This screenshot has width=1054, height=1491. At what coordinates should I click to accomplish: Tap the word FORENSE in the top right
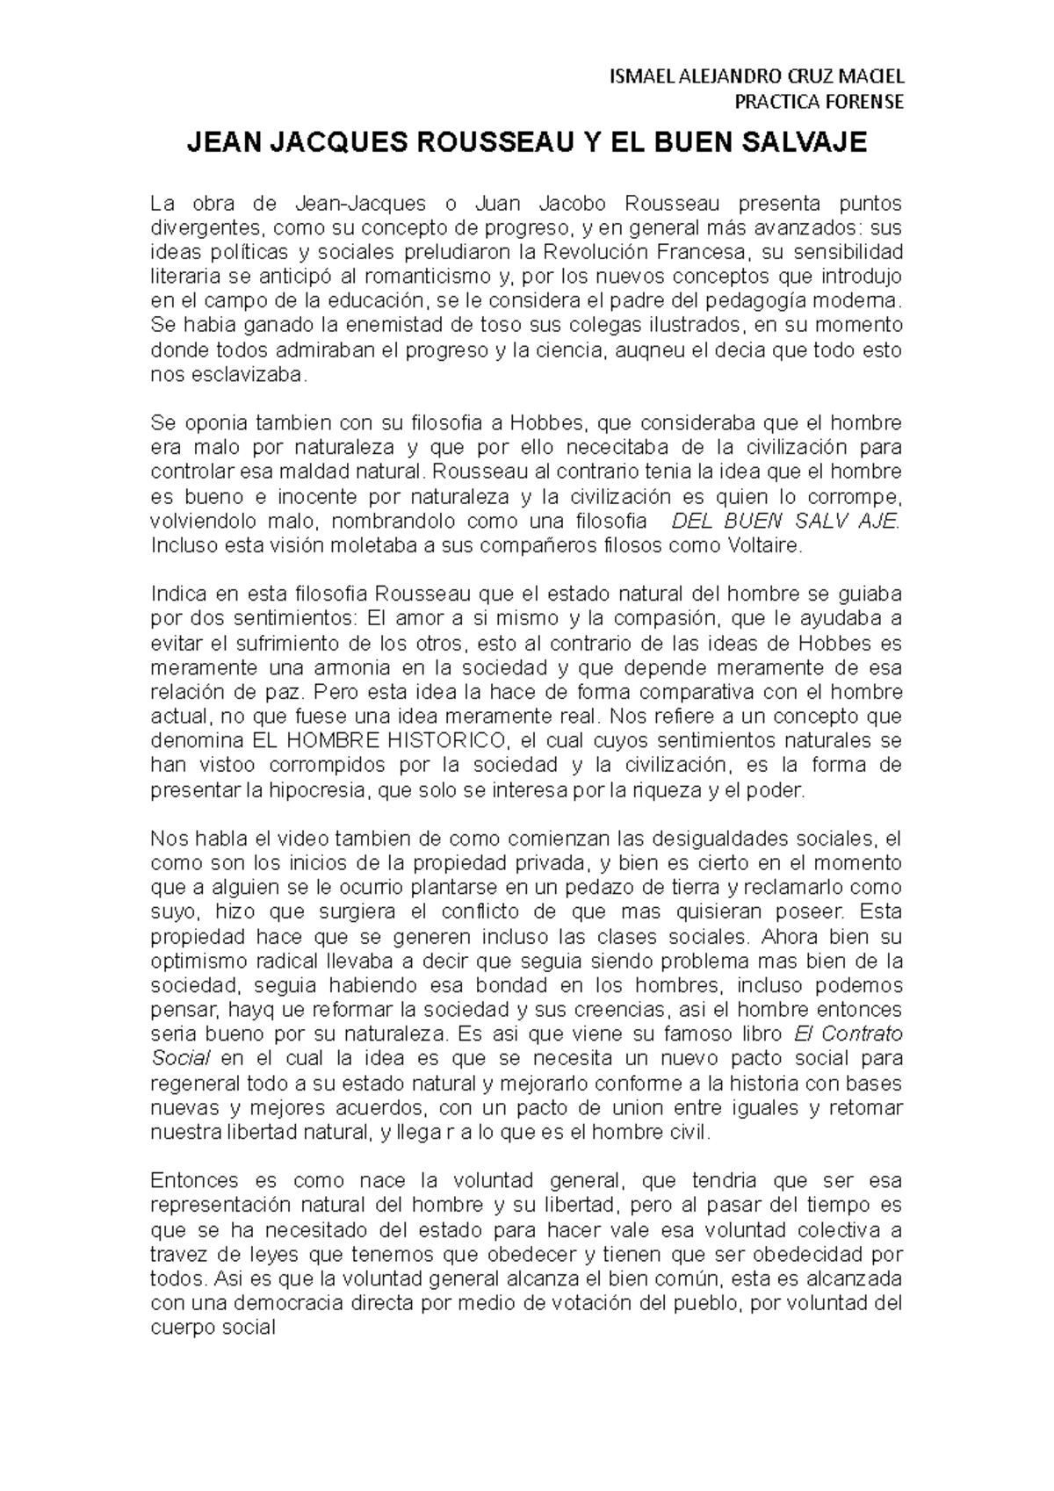(x=865, y=102)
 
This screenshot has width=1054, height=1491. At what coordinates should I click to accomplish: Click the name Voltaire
(x=763, y=545)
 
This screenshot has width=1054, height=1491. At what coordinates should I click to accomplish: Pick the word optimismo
(x=192, y=960)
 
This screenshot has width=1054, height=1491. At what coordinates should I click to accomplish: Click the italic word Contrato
(x=864, y=1033)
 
